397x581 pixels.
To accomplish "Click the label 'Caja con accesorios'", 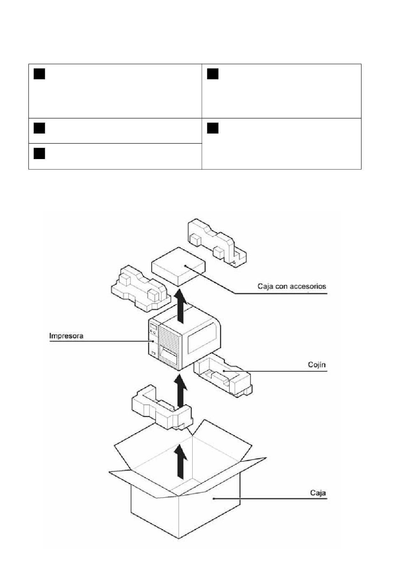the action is click(x=292, y=286).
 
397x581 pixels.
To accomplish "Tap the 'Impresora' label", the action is click(x=66, y=336).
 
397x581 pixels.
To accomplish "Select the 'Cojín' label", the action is click(x=316, y=365).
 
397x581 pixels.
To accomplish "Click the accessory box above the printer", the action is click(x=178, y=266).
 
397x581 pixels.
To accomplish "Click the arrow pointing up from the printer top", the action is click(x=180, y=307).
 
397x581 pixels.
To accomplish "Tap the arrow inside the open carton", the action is click(x=181, y=461).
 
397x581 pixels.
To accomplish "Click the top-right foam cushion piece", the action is click(x=217, y=242).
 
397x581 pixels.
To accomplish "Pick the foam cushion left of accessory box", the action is click(x=140, y=288).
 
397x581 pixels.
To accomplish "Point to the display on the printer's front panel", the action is click(x=153, y=326).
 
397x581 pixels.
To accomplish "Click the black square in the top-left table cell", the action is click(x=39, y=74).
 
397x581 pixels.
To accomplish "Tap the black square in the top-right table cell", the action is click(x=212, y=74).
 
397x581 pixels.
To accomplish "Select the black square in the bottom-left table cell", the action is click(x=39, y=153).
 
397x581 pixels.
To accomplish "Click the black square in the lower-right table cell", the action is click(x=212, y=128).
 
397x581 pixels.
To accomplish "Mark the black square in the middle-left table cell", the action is click(x=39, y=128).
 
